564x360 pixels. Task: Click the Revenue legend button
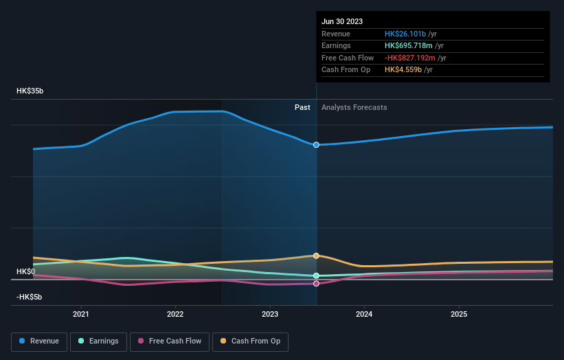(x=39, y=341)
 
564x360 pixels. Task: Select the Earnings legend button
(x=98, y=341)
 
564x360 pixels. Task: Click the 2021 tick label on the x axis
(x=81, y=314)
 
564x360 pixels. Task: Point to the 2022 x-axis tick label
(x=175, y=314)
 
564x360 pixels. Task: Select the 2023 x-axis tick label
(x=270, y=314)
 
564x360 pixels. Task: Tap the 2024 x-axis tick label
(x=364, y=314)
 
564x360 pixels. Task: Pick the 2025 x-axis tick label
(x=459, y=314)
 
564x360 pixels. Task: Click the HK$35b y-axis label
(x=30, y=91)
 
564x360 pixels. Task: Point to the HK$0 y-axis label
(x=25, y=271)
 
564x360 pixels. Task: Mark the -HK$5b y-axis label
(x=29, y=297)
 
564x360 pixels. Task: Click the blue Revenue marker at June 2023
(x=316, y=145)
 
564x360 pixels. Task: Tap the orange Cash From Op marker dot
(x=316, y=256)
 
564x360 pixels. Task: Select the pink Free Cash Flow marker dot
(x=316, y=283)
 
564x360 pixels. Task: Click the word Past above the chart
(x=302, y=107)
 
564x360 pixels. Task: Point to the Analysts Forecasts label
(x=354, y=107)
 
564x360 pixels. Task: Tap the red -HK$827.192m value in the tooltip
(x=410, y=58)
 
